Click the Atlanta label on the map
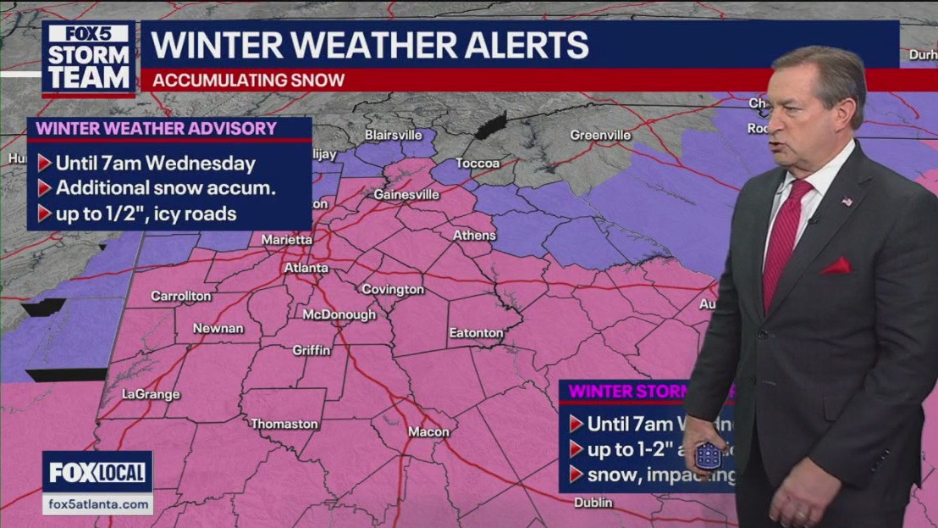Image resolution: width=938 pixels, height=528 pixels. (306, 268)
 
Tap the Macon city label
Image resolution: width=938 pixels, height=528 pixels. (428, 431)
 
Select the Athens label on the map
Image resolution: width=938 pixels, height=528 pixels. (474, 235)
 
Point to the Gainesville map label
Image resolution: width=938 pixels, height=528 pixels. (406, 194)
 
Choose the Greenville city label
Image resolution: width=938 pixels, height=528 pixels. (600, 135)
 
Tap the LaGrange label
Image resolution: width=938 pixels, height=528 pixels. (151, 394)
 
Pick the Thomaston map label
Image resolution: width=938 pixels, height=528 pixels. (284, 423)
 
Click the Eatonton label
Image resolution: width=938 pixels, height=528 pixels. (476, 333)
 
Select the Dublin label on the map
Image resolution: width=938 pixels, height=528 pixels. (593, 502)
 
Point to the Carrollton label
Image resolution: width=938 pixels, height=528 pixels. (180, 296)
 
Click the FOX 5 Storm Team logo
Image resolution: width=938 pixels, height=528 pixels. (89, 58)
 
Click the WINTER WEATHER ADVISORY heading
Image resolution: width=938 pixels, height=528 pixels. (156, 128)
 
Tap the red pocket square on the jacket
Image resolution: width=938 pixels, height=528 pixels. (836, 266)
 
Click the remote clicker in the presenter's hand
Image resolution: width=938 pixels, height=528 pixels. (708, 455)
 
